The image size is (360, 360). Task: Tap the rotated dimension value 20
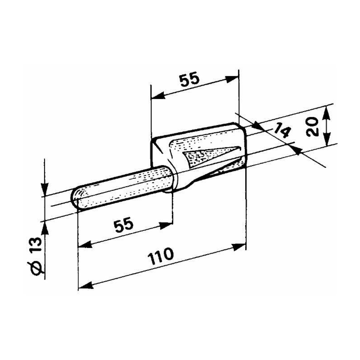click(x=315, y=126)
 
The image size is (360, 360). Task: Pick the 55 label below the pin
click(x=124, y=224)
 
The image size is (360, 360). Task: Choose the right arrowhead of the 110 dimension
click(x=241, y=246)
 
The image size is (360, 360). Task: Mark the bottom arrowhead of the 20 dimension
click(x=327, y=139)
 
